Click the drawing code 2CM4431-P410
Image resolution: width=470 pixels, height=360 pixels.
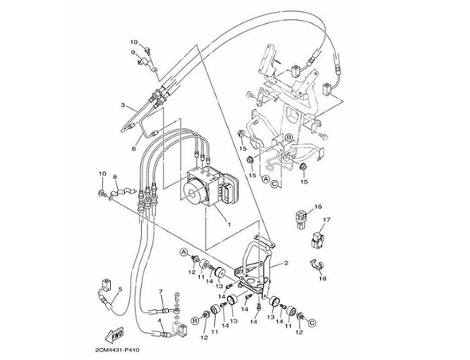117,350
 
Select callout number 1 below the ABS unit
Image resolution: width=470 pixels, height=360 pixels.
229,224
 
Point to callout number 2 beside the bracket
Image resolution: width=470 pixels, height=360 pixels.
286,263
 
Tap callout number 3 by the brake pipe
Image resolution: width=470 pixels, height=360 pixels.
123,105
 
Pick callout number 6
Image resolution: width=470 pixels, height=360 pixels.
134,148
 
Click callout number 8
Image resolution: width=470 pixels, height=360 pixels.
115,177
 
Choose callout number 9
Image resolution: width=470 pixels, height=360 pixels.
133,53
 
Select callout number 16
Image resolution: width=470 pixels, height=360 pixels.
318,206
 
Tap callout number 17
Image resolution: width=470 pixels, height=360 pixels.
327,220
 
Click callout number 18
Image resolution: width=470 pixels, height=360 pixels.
323,279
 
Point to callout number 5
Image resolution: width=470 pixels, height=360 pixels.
120,289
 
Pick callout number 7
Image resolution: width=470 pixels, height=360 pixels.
161,291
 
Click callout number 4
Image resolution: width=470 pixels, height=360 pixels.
160,320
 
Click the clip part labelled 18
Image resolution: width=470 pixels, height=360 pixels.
316,264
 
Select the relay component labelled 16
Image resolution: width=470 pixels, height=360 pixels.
300,220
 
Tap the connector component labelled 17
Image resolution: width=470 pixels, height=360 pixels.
318,240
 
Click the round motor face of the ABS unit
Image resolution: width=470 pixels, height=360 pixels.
193,193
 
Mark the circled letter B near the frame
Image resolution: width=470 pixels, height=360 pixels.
288,138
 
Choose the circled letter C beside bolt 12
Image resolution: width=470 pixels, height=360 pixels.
312,323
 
